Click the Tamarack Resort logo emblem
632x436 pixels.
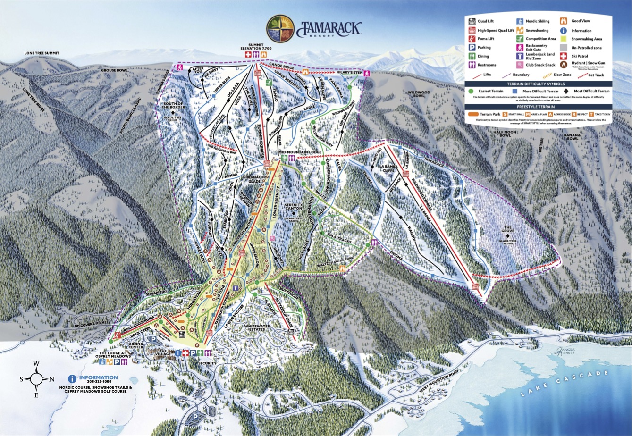(280, 28)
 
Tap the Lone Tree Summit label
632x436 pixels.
(42, 53)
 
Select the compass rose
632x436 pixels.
(36, 378)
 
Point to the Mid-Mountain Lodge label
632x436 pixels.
(300, 152)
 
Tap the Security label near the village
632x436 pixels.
(207, 363)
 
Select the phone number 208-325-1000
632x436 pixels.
(99, 382)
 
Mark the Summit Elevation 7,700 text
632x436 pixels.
(254, 47)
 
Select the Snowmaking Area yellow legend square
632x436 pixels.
(563, 39)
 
